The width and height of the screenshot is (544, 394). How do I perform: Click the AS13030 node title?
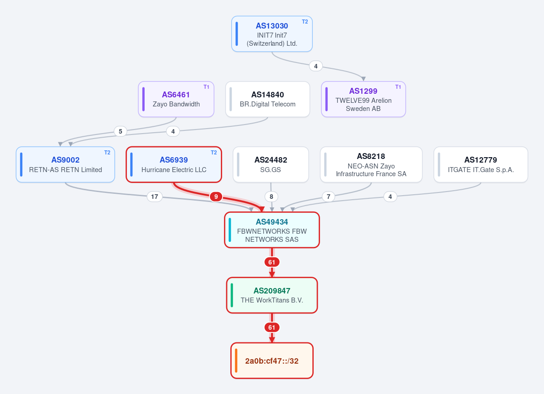(272, 26)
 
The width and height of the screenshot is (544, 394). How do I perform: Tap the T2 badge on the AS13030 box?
(305, 22)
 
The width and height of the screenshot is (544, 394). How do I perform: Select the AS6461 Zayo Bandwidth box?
(176, 99)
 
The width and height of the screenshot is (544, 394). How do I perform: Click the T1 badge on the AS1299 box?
(398, 87)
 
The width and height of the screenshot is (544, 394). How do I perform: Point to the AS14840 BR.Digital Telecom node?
(267, 99)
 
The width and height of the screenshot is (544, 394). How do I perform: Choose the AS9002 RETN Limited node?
(65, 164)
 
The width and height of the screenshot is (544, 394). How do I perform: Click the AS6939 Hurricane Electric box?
(174, 164)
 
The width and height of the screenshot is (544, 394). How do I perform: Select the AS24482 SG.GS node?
(271, 164)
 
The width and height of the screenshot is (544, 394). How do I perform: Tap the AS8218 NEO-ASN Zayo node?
(371, 164)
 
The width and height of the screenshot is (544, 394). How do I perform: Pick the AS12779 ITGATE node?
(481, 164)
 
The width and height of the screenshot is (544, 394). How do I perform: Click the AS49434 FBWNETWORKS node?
(272, 230)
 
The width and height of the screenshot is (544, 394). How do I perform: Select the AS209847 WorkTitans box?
(272, 295)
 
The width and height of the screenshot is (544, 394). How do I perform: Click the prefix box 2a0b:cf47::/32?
(272, 360)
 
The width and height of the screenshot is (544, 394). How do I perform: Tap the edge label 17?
(155, 197)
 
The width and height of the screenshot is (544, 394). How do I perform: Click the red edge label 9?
(216, 197)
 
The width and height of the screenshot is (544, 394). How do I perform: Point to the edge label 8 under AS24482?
(271, 197)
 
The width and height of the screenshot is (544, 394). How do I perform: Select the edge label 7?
(328, 197)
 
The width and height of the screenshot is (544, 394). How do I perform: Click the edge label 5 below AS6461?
(121, 131)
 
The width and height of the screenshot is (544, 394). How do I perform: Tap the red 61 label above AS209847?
(272, 262)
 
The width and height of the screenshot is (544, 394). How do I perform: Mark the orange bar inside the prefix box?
(236, 360)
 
